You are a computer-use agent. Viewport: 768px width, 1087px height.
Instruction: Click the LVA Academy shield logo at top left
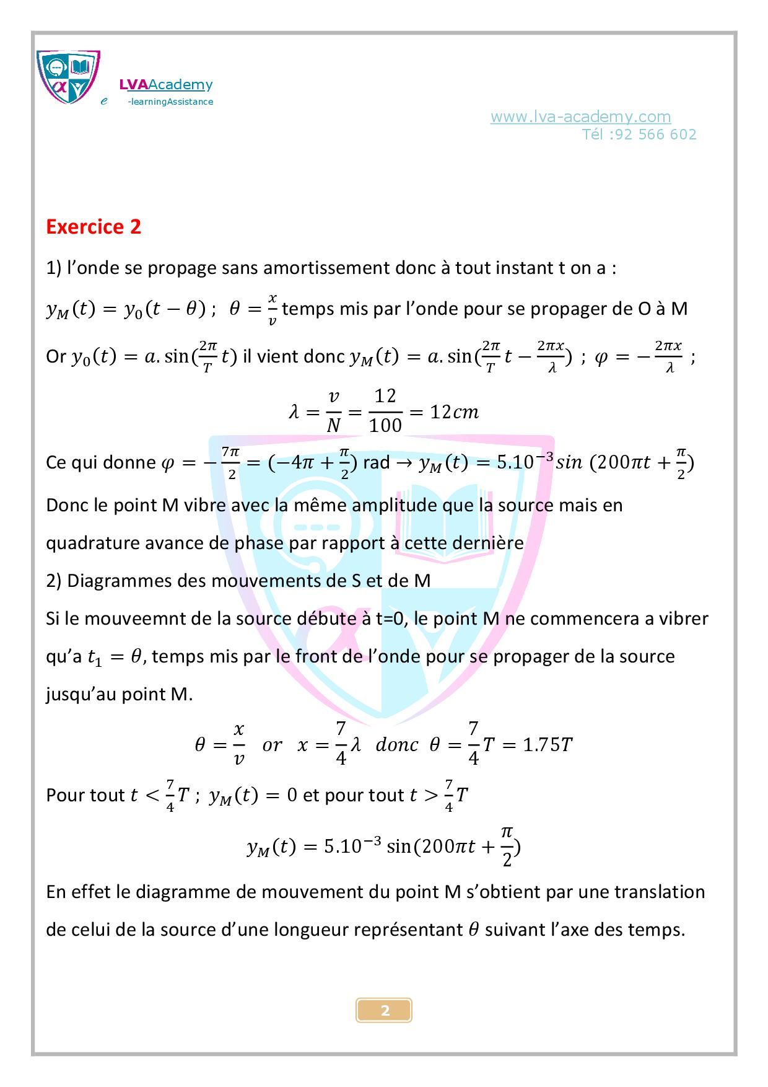68,78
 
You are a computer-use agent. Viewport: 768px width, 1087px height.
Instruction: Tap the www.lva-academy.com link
580,117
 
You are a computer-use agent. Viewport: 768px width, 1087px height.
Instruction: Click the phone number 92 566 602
656,134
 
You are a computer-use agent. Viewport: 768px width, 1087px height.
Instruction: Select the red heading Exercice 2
94,227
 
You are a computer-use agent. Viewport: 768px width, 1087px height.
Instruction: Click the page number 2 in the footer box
385,1010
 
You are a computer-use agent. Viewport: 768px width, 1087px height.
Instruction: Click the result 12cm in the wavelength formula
455,412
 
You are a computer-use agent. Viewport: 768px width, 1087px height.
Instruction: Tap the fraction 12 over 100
385,410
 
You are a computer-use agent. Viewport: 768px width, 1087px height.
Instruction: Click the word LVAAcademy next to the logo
166,85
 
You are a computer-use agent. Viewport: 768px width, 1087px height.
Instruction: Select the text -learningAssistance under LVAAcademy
170,102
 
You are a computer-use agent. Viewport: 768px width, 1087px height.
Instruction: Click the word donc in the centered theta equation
396,744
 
